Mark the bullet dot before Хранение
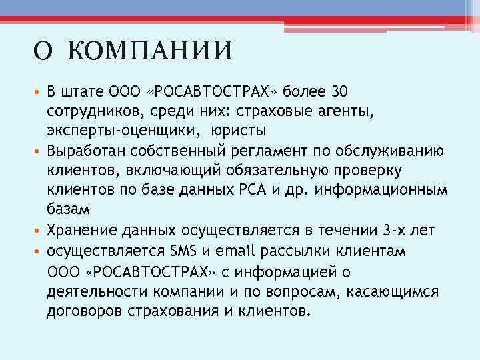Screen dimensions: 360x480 pyautogui.click(x=39, y=231)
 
